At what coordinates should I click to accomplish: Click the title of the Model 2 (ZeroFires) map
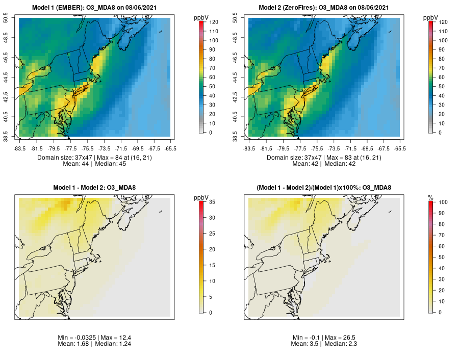tap(324, 8)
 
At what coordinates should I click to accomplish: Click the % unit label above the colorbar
tap(430, 197)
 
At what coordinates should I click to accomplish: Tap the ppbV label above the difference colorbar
tap(201, 197)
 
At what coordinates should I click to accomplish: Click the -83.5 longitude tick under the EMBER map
tap(20, 148)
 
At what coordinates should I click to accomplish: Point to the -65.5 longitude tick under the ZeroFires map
tap(400, 148)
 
